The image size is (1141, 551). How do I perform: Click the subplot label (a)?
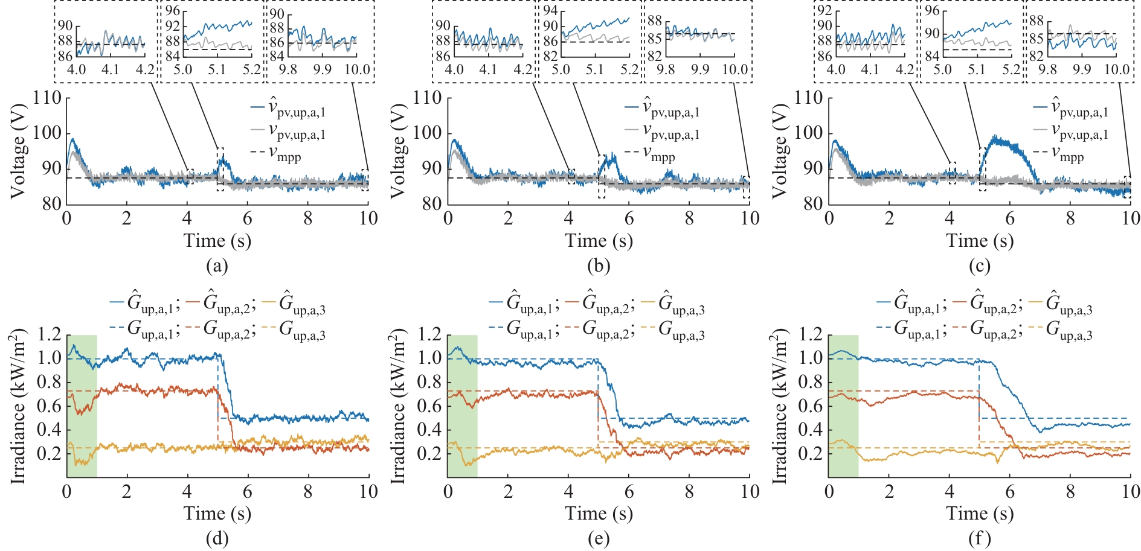click(x=217, y=266)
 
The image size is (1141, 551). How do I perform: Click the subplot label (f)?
click(x=979, y=538)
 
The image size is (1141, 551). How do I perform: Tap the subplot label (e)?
click(x=598, y=538)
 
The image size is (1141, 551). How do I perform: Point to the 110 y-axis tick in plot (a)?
click(x=47, y=98)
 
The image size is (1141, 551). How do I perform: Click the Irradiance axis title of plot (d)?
click(x=18, y=406)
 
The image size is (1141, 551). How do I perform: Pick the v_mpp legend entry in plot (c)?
click(x=1072, y=156)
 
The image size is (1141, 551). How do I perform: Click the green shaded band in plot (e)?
click(x=462, y=406)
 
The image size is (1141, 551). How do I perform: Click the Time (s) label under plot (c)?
click(x=979, y=241)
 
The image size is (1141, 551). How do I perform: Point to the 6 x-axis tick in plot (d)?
click(x=248, y=491)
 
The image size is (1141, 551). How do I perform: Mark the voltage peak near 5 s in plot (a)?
click(x=222, y=158)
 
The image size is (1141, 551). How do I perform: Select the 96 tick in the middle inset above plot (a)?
click(x=173, y=11)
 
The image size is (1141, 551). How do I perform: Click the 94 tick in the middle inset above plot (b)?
click(x=550, y=11)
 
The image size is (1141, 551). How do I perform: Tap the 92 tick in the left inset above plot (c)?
click(x=824, y=11)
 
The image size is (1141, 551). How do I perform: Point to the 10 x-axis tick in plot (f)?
click(x=1130, y=491)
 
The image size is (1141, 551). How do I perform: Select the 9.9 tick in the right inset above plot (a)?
click(x=322, y=69)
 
